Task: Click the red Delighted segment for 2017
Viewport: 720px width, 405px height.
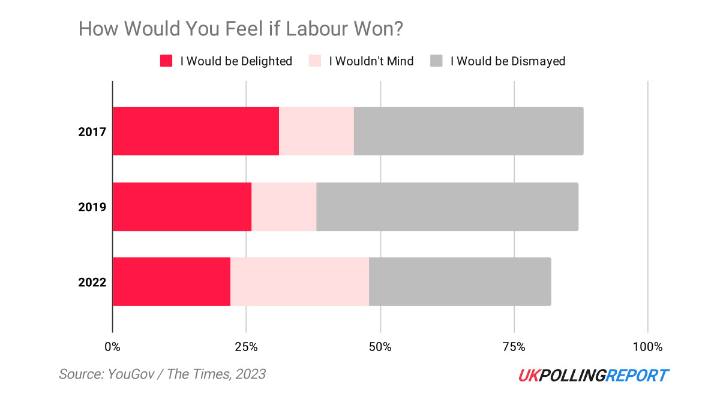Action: (196, 131)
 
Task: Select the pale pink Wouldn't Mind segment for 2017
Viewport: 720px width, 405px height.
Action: (316, 131)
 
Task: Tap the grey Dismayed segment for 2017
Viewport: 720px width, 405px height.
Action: (468, 131)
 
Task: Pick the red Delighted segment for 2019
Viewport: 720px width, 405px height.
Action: (182, 206)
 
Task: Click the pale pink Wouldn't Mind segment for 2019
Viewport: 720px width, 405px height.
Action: (284, 206)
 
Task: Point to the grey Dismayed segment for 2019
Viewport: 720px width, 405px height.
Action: (447, 206)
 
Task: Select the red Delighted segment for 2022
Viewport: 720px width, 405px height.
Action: (172, 281)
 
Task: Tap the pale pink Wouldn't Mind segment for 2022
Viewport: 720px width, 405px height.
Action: (299, 281)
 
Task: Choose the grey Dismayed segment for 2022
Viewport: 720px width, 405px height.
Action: (460, 281)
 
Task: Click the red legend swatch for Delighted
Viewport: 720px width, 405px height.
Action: (166, 61)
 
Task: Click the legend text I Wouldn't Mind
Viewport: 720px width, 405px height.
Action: (371, 61)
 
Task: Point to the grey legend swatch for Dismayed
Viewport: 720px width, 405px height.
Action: (437, 61)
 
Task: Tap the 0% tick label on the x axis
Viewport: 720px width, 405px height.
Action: (112, 347)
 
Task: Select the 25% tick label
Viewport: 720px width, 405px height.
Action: (246, 347)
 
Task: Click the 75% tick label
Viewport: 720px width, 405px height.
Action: (514, 347)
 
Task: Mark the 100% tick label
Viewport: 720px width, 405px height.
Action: (647, 347)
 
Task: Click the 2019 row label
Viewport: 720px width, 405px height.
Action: (92, 207)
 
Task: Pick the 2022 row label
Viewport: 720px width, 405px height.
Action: (92, 282)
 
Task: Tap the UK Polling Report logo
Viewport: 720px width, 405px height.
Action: (593, 376)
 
